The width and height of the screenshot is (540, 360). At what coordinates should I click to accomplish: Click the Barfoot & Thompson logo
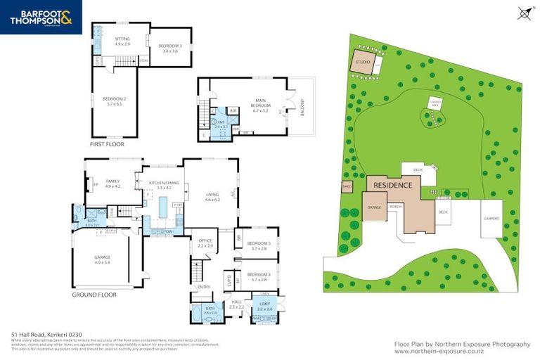tap(41, 18)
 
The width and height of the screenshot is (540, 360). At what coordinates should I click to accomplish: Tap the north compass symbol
tap(522, 12)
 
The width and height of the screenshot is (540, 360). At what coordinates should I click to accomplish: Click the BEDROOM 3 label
tap(169, 48)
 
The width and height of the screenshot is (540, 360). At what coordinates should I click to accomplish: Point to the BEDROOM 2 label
tap(113, 101)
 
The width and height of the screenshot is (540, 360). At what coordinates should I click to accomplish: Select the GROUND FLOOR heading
tap(94, 295)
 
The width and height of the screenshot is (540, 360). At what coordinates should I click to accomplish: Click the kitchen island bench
tap(163, 208)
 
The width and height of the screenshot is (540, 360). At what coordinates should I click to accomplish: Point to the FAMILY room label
tap(112, 183)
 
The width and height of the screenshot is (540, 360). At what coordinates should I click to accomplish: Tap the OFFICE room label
tap(205, 243)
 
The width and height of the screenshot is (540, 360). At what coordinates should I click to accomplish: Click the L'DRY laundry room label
tap(264, 305)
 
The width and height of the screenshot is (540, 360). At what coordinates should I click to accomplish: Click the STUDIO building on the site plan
tap(362, 62)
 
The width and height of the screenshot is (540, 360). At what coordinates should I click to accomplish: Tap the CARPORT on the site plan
tap(491, 218)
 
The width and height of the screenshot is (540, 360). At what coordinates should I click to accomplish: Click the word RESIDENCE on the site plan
tap(392, 184)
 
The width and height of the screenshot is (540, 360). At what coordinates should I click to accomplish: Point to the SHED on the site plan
tap(346, 187)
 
